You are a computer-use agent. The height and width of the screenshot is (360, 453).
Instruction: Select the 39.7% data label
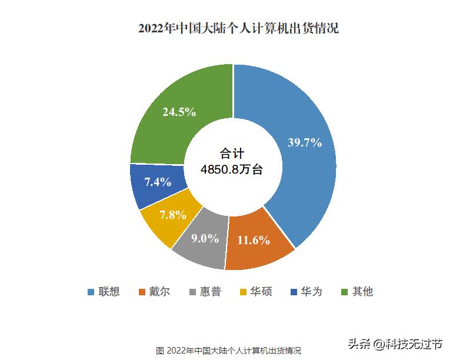(x=304, y=142)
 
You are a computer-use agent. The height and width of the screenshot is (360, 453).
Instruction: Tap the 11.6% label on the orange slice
(x=254, y=240)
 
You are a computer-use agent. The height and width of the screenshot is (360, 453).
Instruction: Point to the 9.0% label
(x=204, y=238)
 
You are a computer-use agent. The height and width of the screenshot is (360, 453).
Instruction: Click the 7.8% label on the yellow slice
(x=173, y=214)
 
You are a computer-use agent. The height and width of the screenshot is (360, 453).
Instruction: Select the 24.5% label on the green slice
(x=179, y=112)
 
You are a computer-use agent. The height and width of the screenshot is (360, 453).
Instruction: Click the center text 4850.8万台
(x=232, y=169)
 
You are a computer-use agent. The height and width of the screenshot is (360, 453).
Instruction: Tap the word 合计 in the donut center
(x=232, y=154)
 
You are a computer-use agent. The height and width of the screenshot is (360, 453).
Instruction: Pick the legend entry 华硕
(x=261, y=292)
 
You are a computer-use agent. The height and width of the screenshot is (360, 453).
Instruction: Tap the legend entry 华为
(x=312, y=292)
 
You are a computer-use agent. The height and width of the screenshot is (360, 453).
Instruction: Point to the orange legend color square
(x=142, y=292)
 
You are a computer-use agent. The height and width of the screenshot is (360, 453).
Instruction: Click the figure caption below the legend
(x=228, y=350)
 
